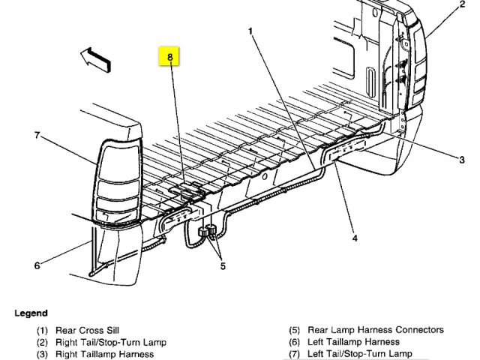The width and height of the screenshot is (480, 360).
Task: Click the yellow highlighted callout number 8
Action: pos(170,56)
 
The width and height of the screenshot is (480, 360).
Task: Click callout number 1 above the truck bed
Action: pos(250,31)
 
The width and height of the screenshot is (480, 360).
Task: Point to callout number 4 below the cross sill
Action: pos(355,238)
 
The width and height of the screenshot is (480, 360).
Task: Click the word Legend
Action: pos(31,313)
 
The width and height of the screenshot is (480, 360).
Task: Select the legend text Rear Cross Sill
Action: pos(87,330)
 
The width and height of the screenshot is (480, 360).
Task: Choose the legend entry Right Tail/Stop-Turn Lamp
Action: pos(110,342)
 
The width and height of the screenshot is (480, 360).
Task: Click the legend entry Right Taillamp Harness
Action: pos(104,354)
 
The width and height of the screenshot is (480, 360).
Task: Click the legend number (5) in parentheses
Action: pos(295,330)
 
